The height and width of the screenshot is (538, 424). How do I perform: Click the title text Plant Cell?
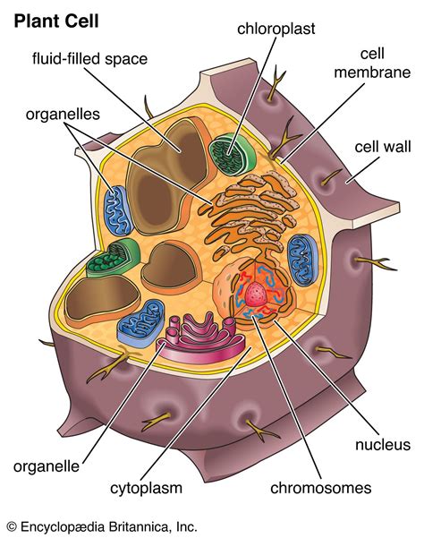point(56,20)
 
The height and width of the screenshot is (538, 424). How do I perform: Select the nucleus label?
point(382,445)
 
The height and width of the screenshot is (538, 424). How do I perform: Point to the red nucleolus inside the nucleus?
point(259,295)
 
